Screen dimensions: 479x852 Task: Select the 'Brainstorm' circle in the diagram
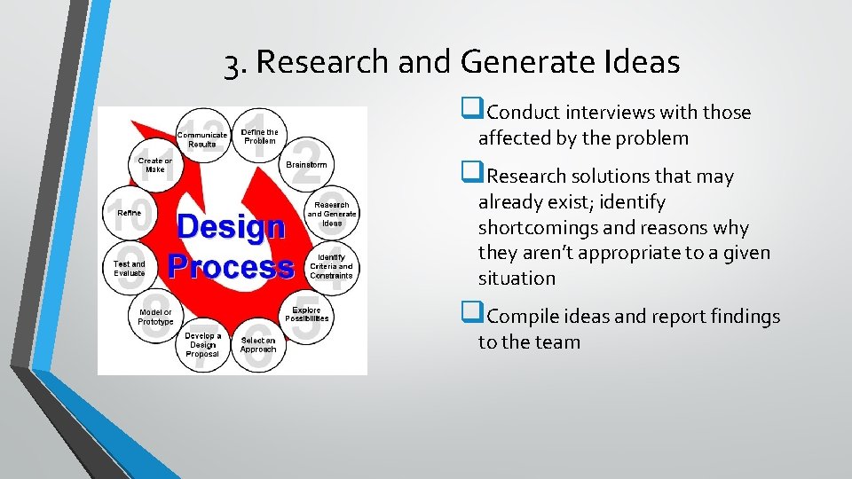pos(306,165)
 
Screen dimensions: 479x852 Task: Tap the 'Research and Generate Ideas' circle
pos(331,213)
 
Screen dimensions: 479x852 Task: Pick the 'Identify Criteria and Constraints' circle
pos(331,265)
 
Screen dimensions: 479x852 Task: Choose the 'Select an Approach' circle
pos(257,344)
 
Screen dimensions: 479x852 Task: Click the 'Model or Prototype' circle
pos(155,317)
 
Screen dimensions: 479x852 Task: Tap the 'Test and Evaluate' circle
pos(130,267)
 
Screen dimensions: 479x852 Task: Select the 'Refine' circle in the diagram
pos(130,214)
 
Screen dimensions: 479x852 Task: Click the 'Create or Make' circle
pos(155,165)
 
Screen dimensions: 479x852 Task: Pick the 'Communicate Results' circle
pos(202,139)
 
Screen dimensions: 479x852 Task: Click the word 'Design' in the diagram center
pos(230,227)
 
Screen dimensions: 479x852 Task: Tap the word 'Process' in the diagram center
pos(231,265)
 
